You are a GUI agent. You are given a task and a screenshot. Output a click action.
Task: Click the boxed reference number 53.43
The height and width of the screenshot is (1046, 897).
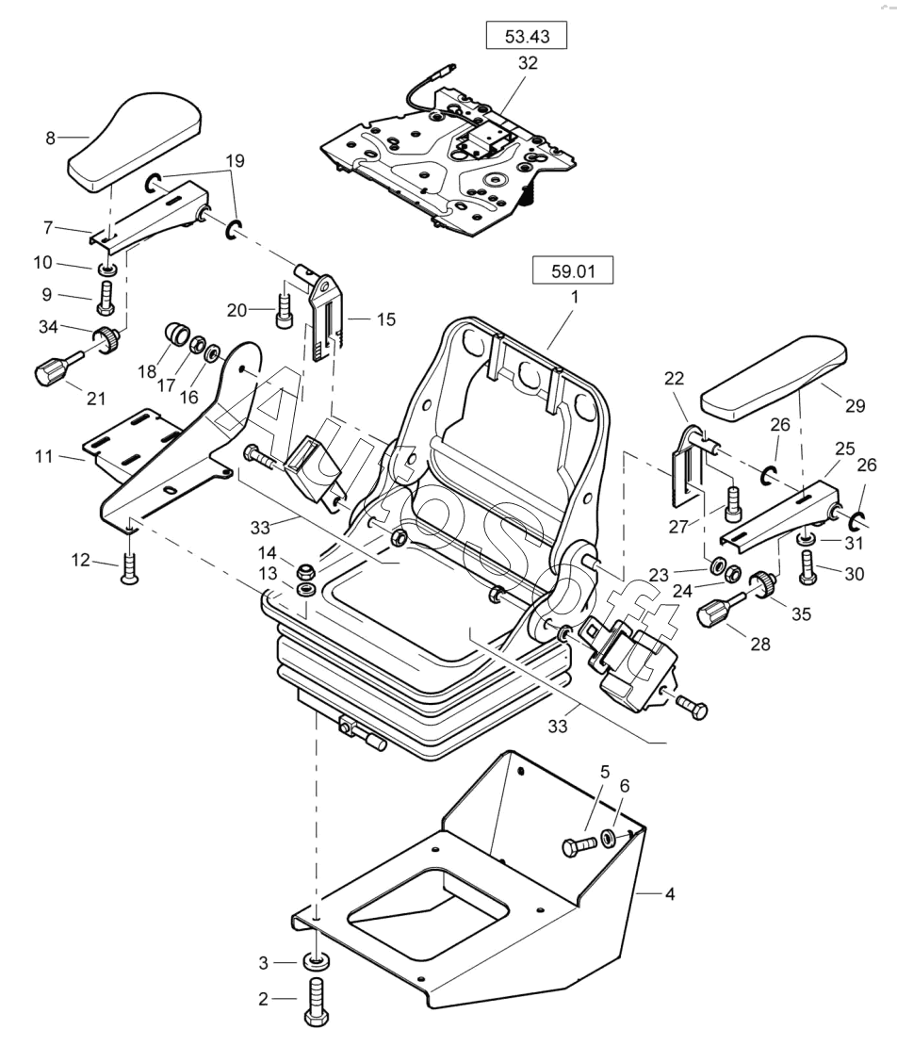coord(527,37)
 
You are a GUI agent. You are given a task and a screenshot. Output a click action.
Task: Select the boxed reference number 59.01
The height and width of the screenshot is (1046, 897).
coord(572,272)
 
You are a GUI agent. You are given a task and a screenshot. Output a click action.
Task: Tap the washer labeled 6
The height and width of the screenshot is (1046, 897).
coord(610,838)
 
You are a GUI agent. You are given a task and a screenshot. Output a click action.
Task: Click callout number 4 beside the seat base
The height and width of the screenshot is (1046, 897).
coord(670,892)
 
